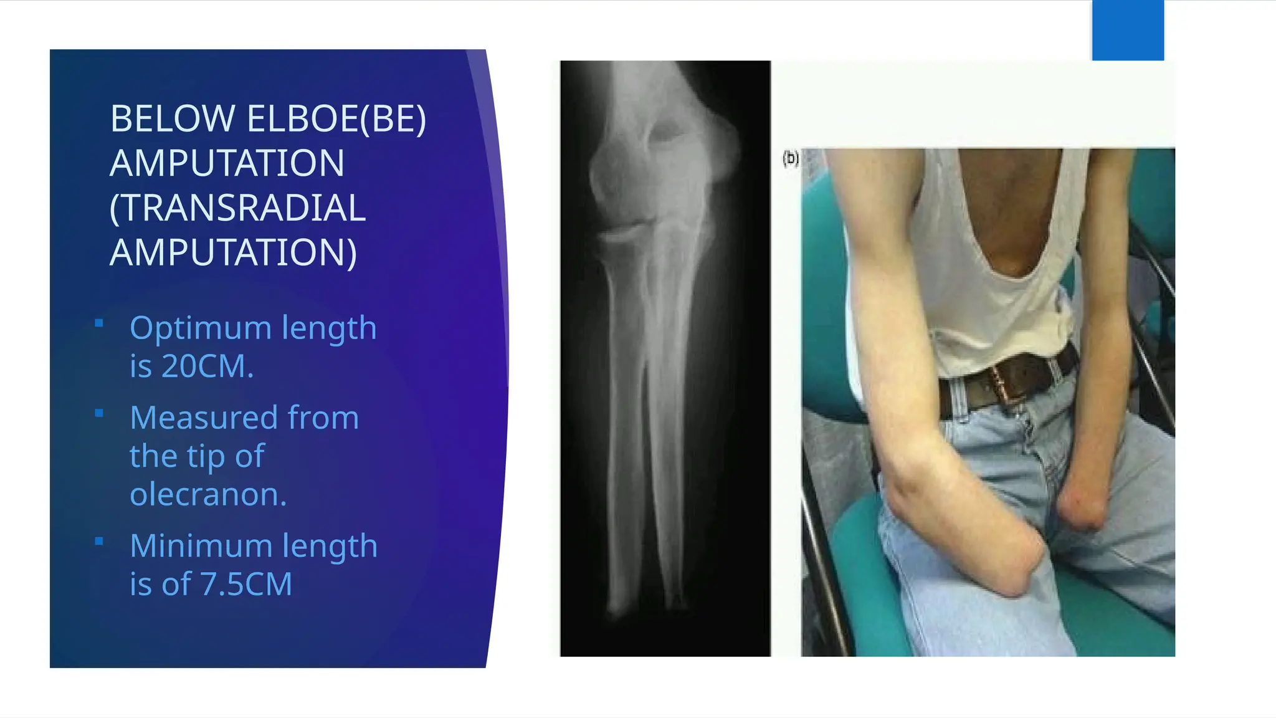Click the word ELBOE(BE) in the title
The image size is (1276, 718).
tap(336, 118)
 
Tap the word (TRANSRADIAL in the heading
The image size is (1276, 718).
tap(237, 208)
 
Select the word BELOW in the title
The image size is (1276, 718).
tap(173, 118)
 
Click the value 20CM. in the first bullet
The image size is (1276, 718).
tap(207, 366)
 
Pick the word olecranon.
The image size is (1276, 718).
tap(208, 494)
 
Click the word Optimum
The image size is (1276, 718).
tap(200, 328)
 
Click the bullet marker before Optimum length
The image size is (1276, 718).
tap(98, 323)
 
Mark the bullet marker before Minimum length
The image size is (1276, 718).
tap(98, 541)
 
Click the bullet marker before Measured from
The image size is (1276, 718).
tap(98, 413)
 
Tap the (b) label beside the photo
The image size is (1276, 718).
tap(790, 158)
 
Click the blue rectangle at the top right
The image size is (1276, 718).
tap(1128, 30)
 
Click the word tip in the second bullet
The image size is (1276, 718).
tap(198, 457)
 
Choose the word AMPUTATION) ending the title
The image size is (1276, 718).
tap(234, 252)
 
